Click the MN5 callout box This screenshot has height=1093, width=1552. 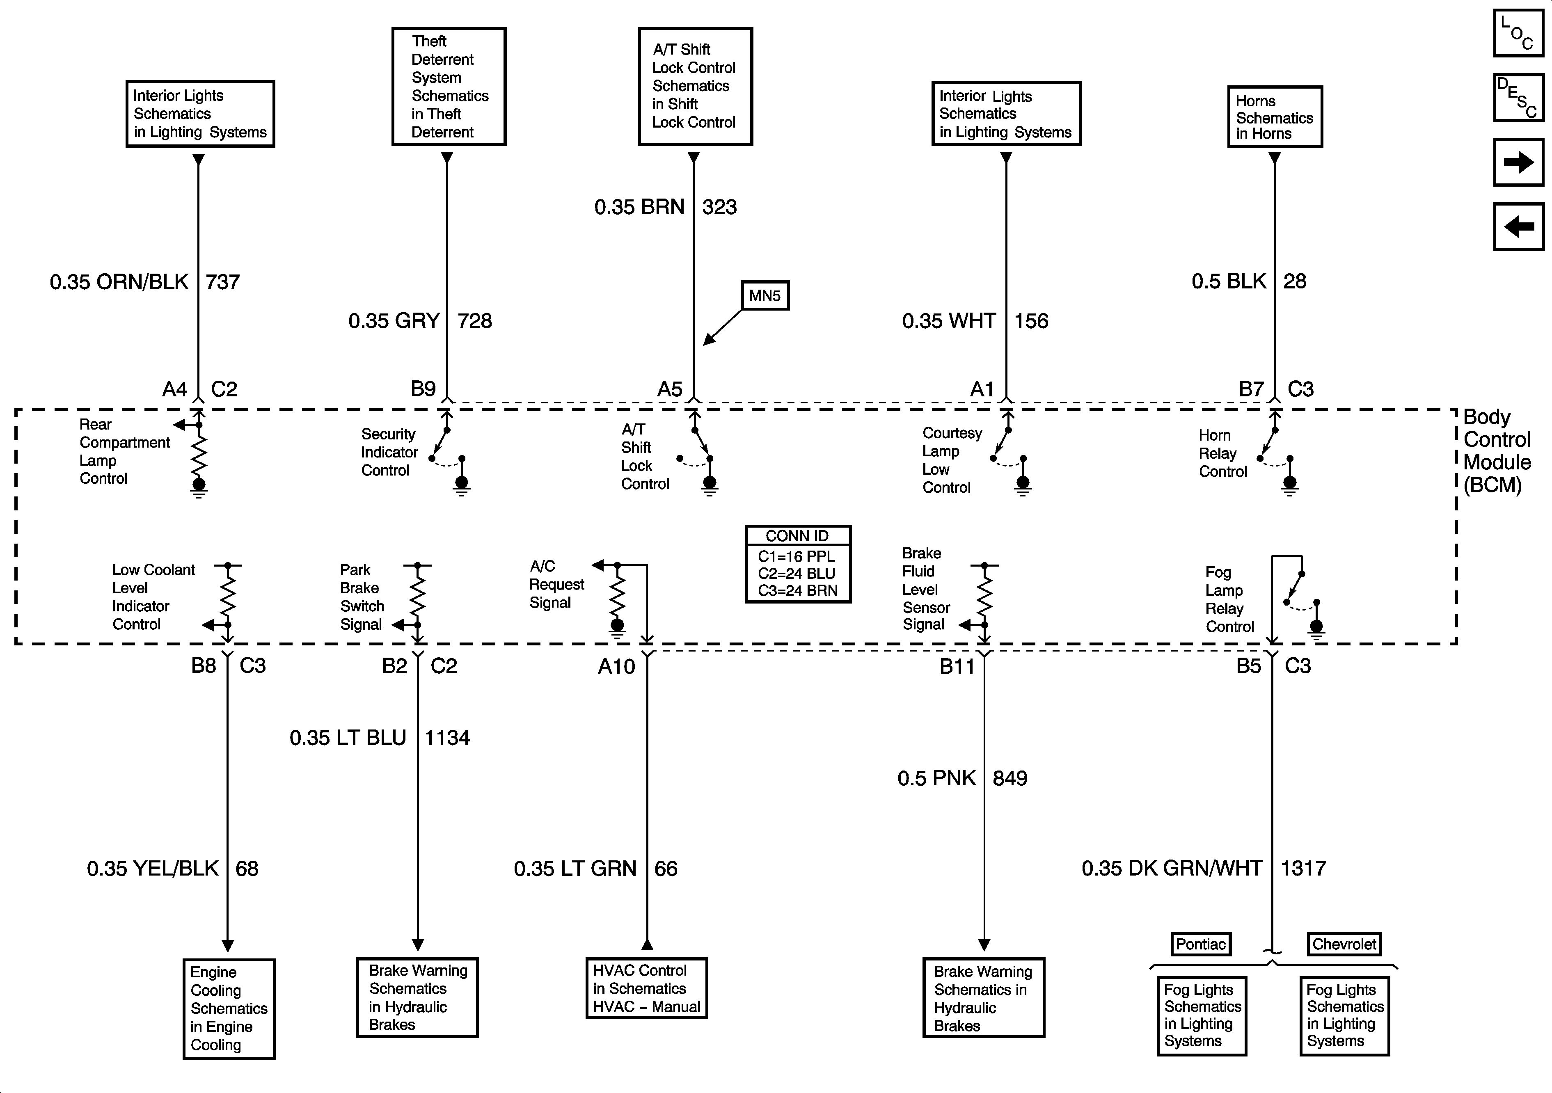[765, 295]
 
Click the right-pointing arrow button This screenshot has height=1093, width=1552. [1518, 162]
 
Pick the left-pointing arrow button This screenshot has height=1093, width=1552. [1518, 226]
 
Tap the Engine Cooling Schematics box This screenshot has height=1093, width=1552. [229, 1008]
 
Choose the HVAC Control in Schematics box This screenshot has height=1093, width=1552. [646, 988]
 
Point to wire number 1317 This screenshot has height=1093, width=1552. [1303, 868]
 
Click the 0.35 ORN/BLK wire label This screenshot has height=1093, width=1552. [119, 282]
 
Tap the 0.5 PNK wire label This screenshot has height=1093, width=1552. [936, 778]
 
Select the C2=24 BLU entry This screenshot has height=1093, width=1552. [796, 573]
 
